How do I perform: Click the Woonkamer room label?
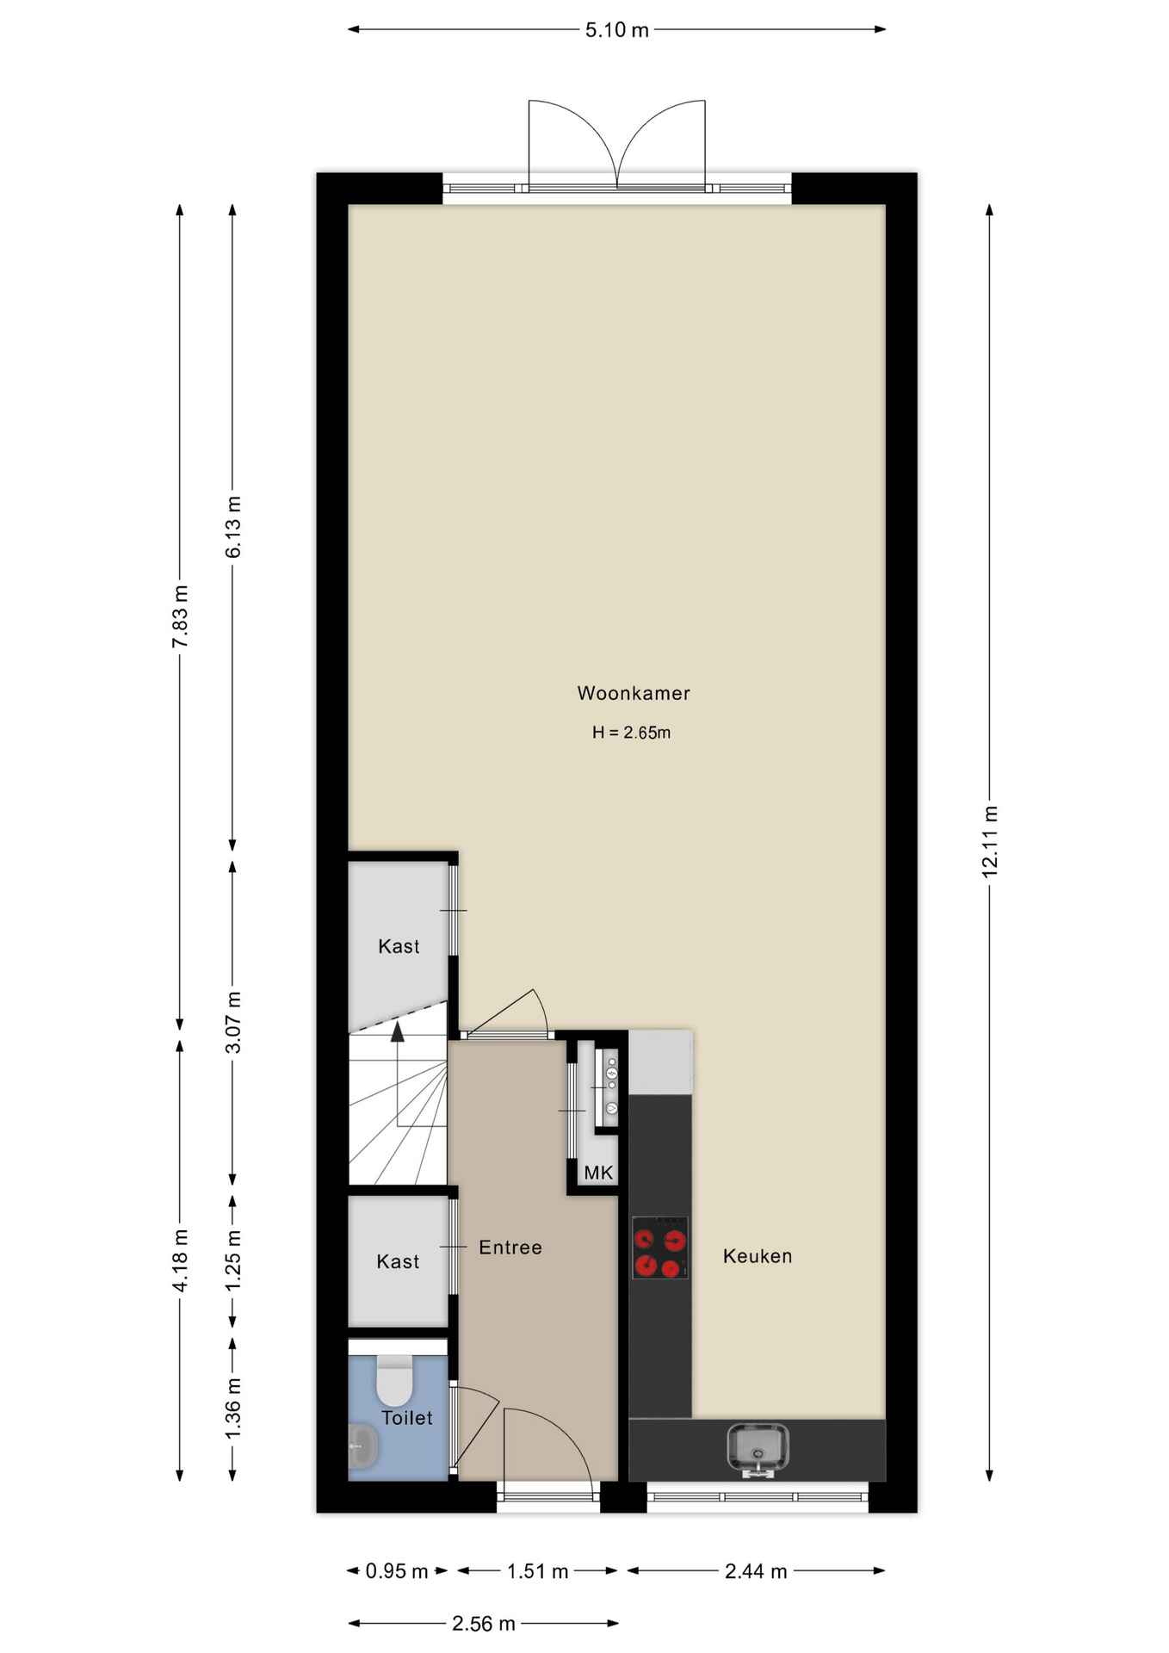point(634,693)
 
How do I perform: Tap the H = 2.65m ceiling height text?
point(631,733)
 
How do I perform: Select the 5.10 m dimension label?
point(617,30)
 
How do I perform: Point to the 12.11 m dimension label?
point(990,842)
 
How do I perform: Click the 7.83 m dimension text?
point(180,616)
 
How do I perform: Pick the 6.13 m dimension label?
point(233,527)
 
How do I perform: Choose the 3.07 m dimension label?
point(233,1022)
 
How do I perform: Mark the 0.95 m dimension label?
point(397,1571)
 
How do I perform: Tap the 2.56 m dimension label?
point(484,1624)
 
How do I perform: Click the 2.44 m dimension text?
point(756,1571)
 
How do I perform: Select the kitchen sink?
point(758,1449)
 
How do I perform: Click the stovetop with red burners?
point(660,1247)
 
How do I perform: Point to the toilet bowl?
point(395,1380)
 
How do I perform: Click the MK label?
point(598,1173)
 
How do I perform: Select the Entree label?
point(510,1247)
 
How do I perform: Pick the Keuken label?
point(758,1256)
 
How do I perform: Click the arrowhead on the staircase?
point(398,1032)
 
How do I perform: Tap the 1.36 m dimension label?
point(233,1408)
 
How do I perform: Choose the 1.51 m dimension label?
point(537,1571)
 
